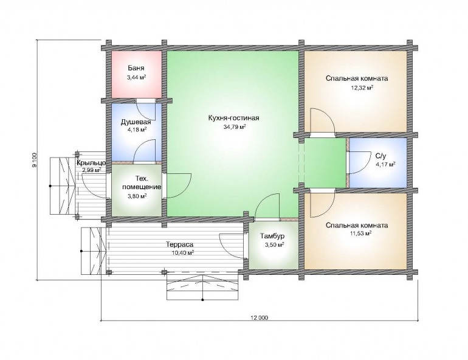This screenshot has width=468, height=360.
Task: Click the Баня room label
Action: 136,67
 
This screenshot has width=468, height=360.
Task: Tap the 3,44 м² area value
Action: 136,78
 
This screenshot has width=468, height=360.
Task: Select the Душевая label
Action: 136,122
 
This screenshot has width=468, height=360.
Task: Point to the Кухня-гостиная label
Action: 233,118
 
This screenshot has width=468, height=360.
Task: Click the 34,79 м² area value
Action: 235,127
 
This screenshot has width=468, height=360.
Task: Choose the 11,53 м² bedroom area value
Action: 361,234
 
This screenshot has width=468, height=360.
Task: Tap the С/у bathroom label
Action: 381,156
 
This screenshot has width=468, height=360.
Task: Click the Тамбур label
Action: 272,236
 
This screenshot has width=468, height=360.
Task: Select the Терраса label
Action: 180,244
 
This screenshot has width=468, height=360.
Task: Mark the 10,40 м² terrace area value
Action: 181,253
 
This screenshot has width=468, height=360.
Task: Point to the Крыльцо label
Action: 91,163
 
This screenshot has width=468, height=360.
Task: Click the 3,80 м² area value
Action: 136,196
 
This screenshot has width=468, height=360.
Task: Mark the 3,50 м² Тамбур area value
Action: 272,245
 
